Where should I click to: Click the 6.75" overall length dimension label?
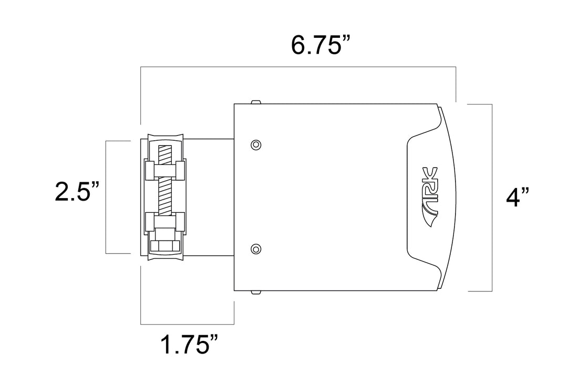[x=319, y=45]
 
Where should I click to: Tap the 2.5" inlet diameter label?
[x=77, y=192]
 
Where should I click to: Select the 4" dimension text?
[x=517, y=198]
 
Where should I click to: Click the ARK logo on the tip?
[x=430, y=197]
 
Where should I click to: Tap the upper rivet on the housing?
[x=256, y=145]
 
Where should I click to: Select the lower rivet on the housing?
[x=256, y=249]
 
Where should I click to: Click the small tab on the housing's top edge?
[x=256, y=102]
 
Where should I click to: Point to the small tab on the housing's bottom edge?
[x=256, y=292]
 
